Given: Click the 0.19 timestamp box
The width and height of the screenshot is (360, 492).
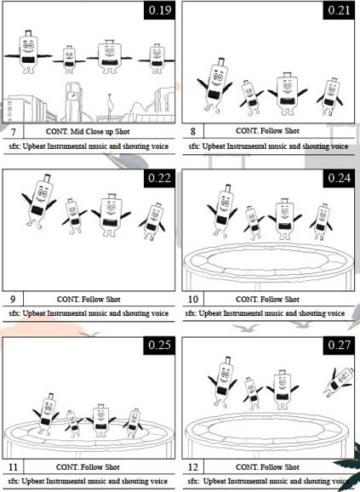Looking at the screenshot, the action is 159,10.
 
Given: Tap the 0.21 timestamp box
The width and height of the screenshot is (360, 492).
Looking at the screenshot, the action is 339,10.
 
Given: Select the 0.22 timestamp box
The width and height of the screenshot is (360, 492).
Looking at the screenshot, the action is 159,178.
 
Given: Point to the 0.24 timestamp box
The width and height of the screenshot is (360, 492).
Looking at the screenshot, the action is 339,178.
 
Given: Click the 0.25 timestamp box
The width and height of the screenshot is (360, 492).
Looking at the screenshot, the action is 159,346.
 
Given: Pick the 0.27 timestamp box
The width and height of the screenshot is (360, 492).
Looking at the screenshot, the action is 339,346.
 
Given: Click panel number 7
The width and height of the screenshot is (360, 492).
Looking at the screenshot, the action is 13,132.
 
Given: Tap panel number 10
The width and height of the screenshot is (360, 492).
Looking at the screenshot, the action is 193,300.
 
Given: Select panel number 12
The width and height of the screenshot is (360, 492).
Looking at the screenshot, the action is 193,467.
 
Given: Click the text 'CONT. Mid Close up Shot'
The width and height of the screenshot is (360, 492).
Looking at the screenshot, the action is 88,131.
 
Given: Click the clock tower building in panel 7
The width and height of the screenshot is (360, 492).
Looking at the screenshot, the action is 74,102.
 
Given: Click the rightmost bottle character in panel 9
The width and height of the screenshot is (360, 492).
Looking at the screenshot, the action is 152,221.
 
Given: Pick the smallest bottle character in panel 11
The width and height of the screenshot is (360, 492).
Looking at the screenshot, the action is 73,424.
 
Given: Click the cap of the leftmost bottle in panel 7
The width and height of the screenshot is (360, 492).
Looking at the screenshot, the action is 28,33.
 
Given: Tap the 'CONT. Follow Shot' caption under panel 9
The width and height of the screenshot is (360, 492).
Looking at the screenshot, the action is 89,300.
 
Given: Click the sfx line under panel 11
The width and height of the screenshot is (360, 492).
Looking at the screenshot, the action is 89,481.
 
